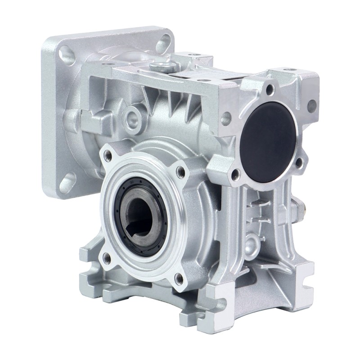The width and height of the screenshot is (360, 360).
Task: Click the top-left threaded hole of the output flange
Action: (x=108, y=156)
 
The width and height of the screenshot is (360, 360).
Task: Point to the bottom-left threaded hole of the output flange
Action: (x=106, y=258)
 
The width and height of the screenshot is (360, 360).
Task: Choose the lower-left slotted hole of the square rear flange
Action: (x=67, y=182)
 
